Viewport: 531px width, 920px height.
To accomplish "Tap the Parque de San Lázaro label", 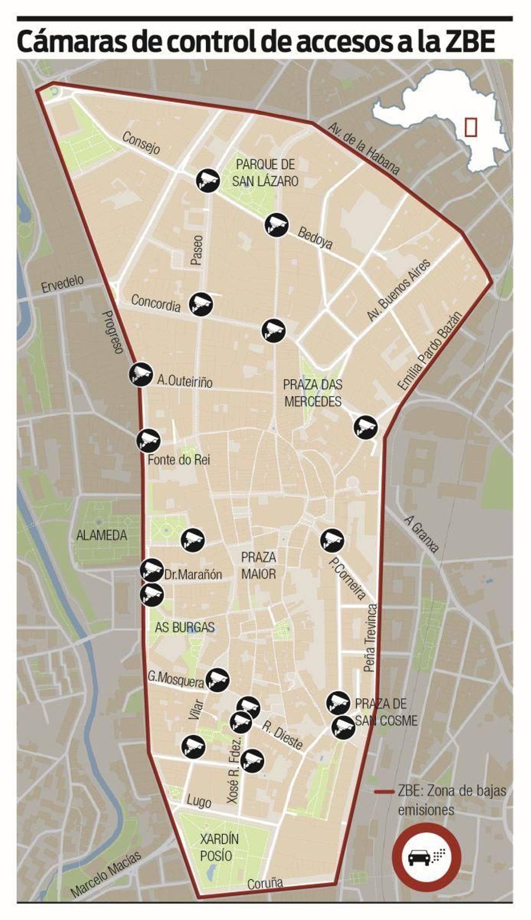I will pos(265,173).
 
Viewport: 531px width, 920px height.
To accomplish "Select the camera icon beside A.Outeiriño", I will pos(140,374).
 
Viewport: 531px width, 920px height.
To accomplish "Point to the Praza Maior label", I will pos(259,565).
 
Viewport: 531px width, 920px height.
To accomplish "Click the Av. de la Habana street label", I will pos(363,148).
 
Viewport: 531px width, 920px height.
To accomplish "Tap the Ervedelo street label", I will pos(62,284).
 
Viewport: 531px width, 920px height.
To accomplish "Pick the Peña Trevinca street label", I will pos(371,638).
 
